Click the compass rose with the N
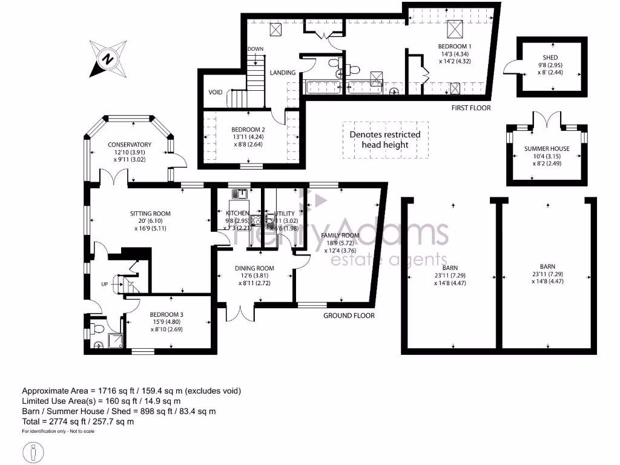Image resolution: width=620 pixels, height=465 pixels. (107, 59)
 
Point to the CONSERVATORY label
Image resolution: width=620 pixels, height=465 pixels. (130, 145)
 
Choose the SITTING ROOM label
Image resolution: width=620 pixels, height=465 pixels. (150, 214)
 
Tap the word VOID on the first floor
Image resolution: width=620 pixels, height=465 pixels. (216, 92)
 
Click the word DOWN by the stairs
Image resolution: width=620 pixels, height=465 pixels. (255, 49)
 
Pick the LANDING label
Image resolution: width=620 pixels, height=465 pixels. (283, 73)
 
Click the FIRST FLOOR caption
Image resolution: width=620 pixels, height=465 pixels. (471, 108)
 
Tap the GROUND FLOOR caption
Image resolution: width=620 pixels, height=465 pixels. (349, 315)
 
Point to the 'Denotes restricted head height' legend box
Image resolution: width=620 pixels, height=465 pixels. (385, 140)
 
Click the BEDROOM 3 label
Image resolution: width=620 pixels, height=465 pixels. (167, 315)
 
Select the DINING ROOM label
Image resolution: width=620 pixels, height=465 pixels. (255, 268)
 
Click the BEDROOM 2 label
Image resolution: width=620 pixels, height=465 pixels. (248, 130)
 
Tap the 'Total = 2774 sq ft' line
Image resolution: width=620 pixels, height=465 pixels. (78, 421)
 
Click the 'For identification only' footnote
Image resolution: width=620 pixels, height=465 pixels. (58, 432)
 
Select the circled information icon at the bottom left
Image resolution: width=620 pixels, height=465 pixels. (32, 452)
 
